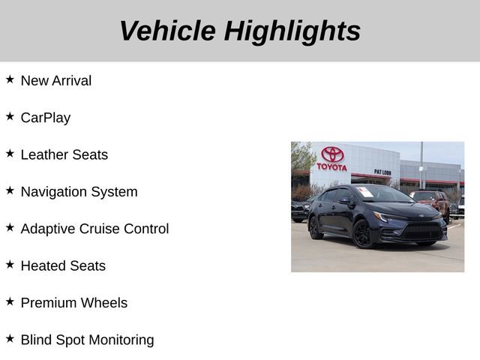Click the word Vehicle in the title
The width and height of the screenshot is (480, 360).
click(x=166, y=31)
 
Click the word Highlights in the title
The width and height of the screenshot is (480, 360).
click(x=292, y=31)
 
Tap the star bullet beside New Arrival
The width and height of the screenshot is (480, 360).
click(x=10, y=79)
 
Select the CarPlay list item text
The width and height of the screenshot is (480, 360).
click(x=45, y=118)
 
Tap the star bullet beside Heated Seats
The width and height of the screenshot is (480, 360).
click(x=10, y=264)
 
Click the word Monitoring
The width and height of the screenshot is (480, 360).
click(x=121, y=340)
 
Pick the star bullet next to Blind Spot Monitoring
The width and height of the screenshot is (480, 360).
click(x=10, y=338)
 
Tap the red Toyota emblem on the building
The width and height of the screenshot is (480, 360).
click(x=332, y=154)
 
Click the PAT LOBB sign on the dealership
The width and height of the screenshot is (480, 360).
click(x=382, y=172)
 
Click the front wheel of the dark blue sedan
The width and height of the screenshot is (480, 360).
click(x=363, y=234)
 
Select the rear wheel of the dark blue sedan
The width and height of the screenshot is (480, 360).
click(x=316, y=226)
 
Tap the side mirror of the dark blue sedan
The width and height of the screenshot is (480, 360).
click(x=344, y=201)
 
